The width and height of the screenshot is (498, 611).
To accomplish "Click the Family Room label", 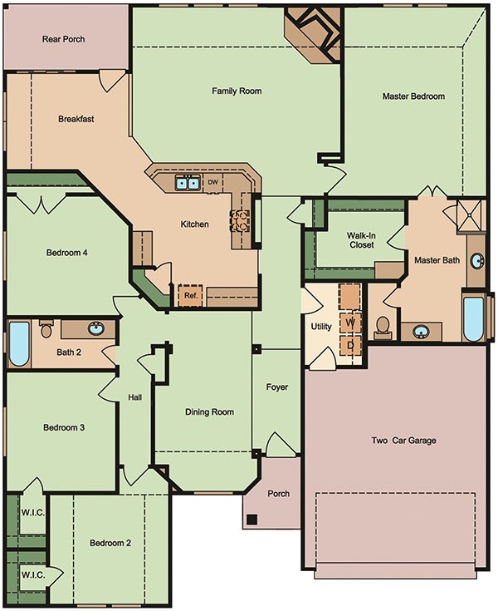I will (x=237, y=91).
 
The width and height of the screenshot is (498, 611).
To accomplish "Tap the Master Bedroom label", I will (x=413, y=96).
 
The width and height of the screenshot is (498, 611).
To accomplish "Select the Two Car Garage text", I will (x=403, y=441).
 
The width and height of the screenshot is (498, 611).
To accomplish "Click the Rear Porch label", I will (x=63, y=39).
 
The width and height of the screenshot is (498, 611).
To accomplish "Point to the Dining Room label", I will (x=208, y=412).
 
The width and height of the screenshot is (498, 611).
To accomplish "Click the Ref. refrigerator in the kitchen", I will (x=190, y=294).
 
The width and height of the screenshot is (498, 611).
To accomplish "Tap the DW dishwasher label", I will (x=212, y=182).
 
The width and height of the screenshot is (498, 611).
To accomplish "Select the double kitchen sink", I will (x=186, y=183).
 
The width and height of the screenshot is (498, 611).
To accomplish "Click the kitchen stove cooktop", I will (x=239, y=219).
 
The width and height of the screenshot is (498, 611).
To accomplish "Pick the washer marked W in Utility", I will (x=350, y=322).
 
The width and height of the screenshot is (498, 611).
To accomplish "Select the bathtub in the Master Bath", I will (x=472, y=318).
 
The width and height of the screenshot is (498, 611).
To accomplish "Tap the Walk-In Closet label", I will (x=360, y=240).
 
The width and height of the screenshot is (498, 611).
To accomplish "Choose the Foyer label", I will (x=276, y=387).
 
